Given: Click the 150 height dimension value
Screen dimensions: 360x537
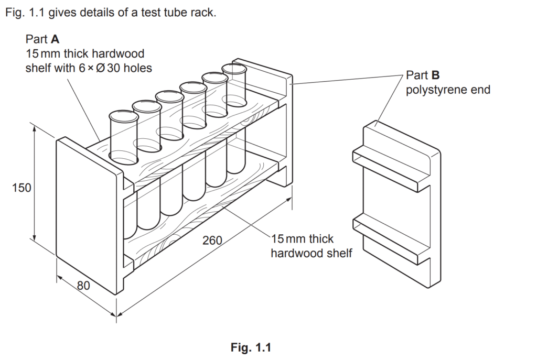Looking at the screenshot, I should point(22,188).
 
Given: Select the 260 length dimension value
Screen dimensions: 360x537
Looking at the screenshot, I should point(212,241).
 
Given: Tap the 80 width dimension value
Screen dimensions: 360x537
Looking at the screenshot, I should point(83,286).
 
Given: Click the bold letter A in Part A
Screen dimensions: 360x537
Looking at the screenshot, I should point(55,39).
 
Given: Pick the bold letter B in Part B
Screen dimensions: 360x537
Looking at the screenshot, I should point(435,75).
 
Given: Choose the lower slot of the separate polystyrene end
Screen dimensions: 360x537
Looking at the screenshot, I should point(391,234).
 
